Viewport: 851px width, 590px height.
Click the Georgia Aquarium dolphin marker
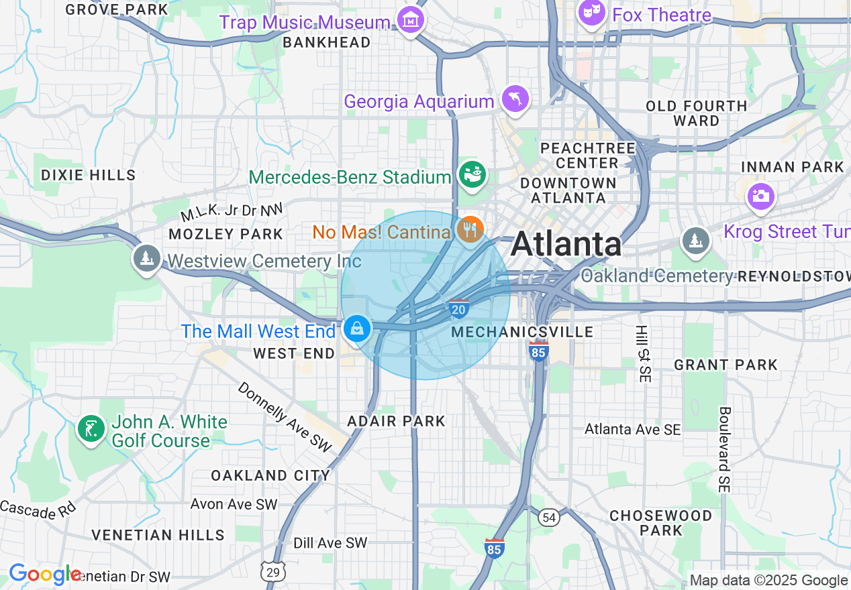coord(515,100)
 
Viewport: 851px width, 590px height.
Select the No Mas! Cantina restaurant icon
coord(470,230)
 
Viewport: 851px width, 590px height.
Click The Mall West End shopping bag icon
coord(357,329)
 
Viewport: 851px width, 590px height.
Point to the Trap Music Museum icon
coord(410,20)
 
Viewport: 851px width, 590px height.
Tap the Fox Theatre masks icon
coord(591,13)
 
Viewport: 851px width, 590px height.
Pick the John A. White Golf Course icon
coord(92,429)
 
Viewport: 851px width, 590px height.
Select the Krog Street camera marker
coord(761,196)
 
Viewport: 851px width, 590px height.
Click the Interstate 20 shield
coord(459,308)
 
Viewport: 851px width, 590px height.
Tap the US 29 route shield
coord(272,571)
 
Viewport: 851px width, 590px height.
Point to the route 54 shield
coord(550,516)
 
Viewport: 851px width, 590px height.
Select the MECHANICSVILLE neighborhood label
coord(522,332)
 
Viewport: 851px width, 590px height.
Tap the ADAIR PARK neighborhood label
coord(396,421)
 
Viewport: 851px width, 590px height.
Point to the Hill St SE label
coord(642,354)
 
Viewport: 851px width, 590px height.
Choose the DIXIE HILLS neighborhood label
coord(89,175)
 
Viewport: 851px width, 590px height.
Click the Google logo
coord(44,575)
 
